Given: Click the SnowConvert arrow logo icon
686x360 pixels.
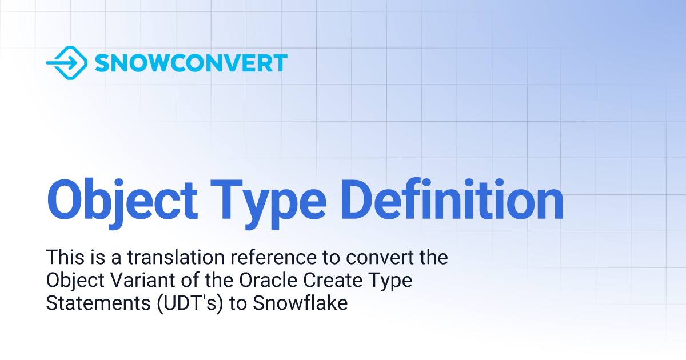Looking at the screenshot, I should pyautogui.click(x=66, y=62).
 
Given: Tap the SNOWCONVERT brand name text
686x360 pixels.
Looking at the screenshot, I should pyautogui.click(x=191, y=63).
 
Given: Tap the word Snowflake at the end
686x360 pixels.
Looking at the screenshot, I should pyautogui.click(x=300, y=303).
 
